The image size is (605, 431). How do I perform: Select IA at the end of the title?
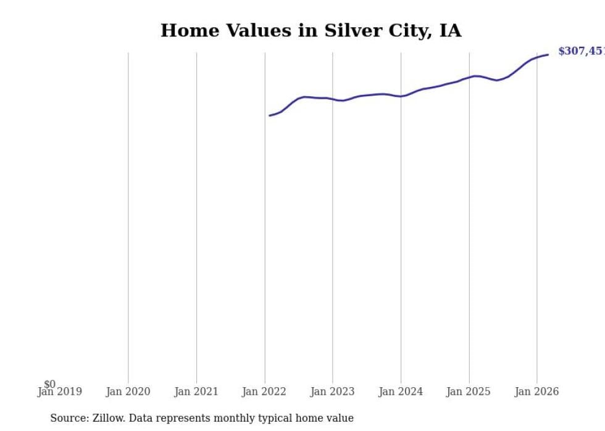click(x=450, y=31)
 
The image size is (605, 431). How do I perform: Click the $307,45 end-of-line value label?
click(x=581, y=51)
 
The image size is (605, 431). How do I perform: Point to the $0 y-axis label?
click(x=49, y=384)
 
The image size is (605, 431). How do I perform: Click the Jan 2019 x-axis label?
click(x=59, y=392)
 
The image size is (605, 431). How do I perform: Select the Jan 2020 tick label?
click(x=128, y=392)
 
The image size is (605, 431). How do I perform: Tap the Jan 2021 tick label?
click(x=196, y=392)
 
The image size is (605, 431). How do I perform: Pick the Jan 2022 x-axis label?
click(x=264, y=392)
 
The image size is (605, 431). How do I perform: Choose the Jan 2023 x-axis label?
click(x=332, y=392)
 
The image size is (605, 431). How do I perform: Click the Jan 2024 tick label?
click(x=401, y=392)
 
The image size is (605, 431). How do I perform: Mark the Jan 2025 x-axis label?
click(x=469, y=392)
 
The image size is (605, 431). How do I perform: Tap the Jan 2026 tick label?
click(x=536, y=392)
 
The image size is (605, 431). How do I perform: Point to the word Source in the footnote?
click(x=69, y=418)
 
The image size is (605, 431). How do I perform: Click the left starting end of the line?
click(x=270, y=115)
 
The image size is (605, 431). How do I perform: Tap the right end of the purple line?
click(x=548, y=55)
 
